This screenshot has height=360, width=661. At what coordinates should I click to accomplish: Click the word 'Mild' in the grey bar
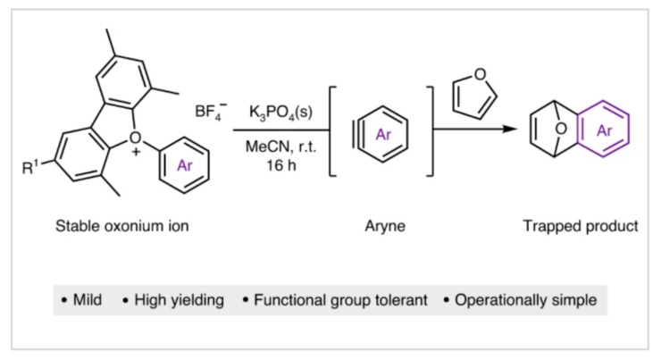93,300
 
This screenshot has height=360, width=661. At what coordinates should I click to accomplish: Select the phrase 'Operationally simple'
525,300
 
